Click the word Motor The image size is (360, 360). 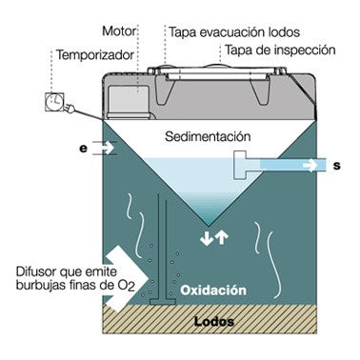coord(119,31)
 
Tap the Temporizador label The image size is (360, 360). coord(95,55)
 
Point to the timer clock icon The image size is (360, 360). coord(54,102)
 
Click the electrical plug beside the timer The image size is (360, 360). coord(70,109)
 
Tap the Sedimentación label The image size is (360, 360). coord(208,136)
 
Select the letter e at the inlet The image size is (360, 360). coord(83,149)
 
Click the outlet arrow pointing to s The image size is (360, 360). coord(310,166)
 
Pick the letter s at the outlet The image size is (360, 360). coord(337,166)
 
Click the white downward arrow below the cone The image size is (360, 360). coord(207,238)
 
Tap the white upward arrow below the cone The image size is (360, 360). coord(222,238)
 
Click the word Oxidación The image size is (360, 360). coord(213,290)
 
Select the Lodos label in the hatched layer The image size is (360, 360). coord(214,321)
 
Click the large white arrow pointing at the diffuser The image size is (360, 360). coord(127,278)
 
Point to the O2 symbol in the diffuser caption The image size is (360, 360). coord(129,286)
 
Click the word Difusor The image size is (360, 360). coord(34,271)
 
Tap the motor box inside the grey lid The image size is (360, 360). coord(128,102)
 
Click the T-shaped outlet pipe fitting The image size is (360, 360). coord(245,165)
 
